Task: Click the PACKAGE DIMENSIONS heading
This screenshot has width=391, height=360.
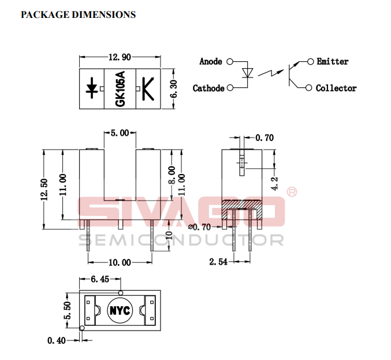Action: click(x=78, y=14)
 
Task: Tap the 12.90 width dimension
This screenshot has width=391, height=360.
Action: click(x=120, y=57)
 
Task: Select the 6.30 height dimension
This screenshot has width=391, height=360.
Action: click(x=174, y=89)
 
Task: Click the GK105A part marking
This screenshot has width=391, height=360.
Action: click(x=120, y=89)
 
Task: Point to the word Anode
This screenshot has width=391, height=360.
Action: click(x=211, y=61)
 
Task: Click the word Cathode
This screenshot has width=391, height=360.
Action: click(x=208, y=88)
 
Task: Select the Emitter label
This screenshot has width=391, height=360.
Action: click(x=333, y=61)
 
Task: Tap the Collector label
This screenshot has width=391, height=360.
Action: click(x=336, y=88)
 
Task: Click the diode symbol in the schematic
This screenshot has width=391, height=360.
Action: click(x=247, y=73)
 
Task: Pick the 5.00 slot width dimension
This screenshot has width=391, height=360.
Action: click(x=120, y=133)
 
